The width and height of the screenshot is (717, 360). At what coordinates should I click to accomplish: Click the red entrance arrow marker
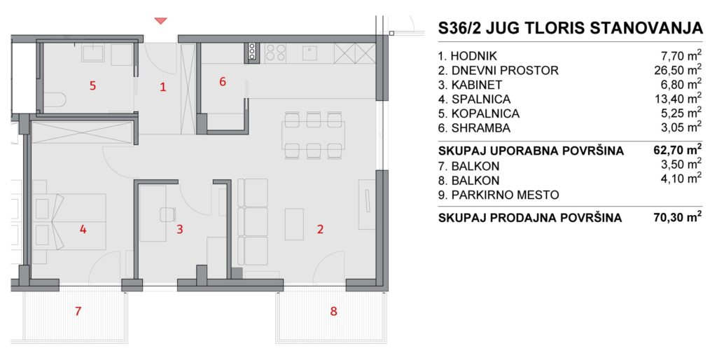pyautogui.click(x=161, y=21)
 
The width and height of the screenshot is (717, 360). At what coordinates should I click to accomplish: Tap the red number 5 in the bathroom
pyautogui.click(x=93, y=85)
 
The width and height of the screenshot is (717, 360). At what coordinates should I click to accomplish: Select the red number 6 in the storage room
pyautogui.click(x=223, y=82)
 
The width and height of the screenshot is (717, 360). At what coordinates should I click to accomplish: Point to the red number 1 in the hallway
pyautogui.click(x=162, y=87)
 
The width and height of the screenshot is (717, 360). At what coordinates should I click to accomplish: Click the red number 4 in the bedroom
pyautogui.click(x=83, y=229)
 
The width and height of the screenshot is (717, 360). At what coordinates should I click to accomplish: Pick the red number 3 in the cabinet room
pyautogui.click(x=180, y=229)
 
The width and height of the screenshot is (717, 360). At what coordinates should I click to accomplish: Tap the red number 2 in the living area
pyautogui.click(x=320, y=229)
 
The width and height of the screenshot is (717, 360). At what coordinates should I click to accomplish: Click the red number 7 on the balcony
pyautogui.click(x=78, y=312)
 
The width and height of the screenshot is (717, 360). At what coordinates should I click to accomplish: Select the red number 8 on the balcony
pyautogui.click(x=334, y=312)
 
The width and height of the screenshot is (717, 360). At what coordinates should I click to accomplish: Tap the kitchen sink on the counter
pyautogui.click(x=310, y=52)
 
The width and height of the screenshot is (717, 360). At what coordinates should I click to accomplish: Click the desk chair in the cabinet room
pyautogui.click(x=168, y=214)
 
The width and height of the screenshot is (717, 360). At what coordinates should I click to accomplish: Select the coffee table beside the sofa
pyautogui.click(x=294, y=224)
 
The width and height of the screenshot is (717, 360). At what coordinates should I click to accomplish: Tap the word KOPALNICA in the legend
pyautogui.click(x=486, y=113)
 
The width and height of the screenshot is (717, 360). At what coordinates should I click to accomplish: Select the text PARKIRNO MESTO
pyautogui.click(x=505, y=195)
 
